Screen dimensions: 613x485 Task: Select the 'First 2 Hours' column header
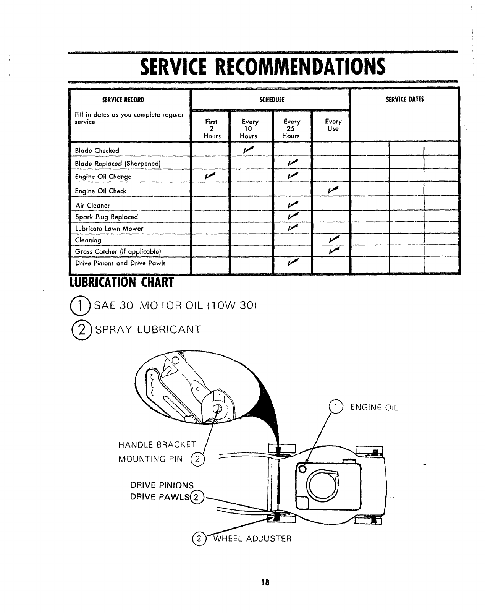[211, 129]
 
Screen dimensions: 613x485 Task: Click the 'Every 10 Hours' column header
[249, 129]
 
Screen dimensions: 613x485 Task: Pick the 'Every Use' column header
[333, 125]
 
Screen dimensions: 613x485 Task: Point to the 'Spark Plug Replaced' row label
[107, 217]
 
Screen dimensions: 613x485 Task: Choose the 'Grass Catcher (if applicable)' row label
[118, 251]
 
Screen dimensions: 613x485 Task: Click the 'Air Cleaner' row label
[92, 205]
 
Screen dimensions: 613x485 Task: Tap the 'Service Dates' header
[404, 100]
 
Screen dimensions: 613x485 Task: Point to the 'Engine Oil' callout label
[374, 408]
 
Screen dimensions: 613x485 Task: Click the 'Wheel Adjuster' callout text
[252, 539]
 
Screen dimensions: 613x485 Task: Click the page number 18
[264, 582]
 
